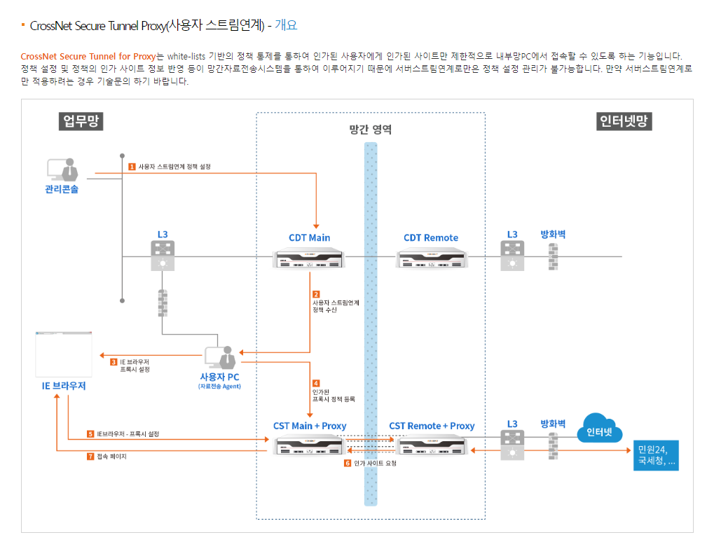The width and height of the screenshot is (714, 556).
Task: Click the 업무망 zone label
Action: click(81, 121)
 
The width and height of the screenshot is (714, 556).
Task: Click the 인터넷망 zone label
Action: click(624, 121)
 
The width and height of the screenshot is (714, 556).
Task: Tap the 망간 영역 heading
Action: click(370, 130)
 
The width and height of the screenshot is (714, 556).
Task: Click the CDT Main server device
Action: click(309, 259)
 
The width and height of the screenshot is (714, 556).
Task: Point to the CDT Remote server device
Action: click(430, 259)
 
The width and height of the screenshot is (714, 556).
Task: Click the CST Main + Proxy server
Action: click(309, 445)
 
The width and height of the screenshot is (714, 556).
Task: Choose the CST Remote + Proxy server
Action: click(431, 445)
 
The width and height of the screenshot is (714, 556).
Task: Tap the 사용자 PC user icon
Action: click(220, 357)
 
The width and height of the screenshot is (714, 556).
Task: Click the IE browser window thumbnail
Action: click(64, 354)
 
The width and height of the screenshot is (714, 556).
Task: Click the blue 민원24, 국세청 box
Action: click(656, 455)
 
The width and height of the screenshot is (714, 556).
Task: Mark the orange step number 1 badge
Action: click(132, 167)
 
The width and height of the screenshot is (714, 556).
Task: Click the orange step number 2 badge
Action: click(316, 294)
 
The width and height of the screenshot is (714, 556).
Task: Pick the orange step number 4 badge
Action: click(316, 383)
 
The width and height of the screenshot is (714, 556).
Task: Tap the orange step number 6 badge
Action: click(348, 463)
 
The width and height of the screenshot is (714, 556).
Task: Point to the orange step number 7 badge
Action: click(90, 457)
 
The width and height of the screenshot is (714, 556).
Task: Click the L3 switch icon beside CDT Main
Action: click(163, 256)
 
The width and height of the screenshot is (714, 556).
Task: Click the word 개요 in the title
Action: click(286, 25)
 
